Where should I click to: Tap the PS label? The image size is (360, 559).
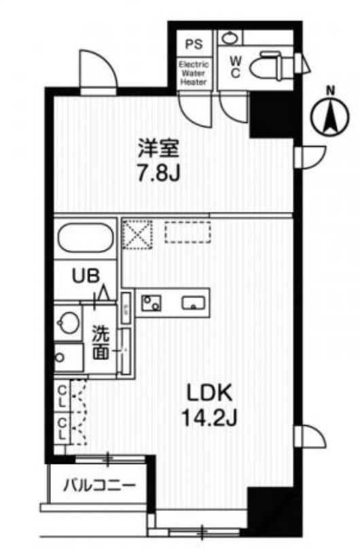[194, 45]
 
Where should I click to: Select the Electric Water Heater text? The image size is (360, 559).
[194, 73]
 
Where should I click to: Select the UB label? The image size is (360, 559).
[87, 276]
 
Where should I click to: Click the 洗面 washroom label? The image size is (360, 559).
[101, 344]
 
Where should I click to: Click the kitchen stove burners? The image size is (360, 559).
[151, 302]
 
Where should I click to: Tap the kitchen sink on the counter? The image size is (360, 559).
[193, 303]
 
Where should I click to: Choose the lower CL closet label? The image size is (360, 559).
[62, 429]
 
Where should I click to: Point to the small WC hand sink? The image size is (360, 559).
[231, 37]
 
